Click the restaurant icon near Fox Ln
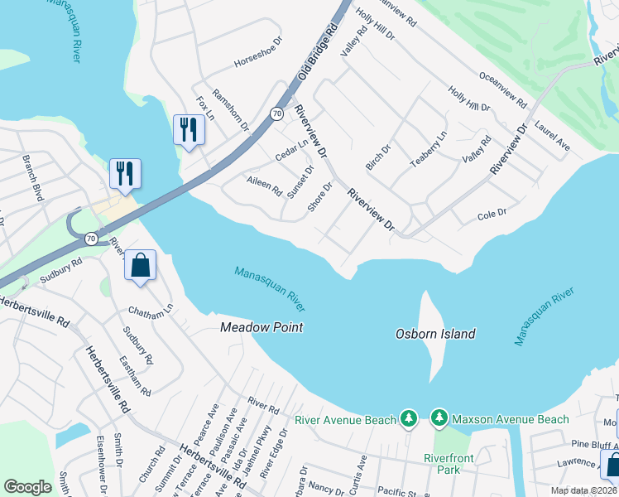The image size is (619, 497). [189, 129]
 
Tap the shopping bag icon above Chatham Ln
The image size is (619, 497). [140, 266]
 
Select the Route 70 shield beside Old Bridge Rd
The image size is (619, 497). [276, 113]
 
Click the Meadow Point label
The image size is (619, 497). [262, 327]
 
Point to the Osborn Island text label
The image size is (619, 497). [435, 334]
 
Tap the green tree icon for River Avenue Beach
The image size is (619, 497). [408, 420]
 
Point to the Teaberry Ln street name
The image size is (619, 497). [429, 149]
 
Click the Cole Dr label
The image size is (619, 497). [492, 215]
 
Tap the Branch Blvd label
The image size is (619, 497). [33, 176]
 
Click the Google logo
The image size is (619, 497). [27, 487]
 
